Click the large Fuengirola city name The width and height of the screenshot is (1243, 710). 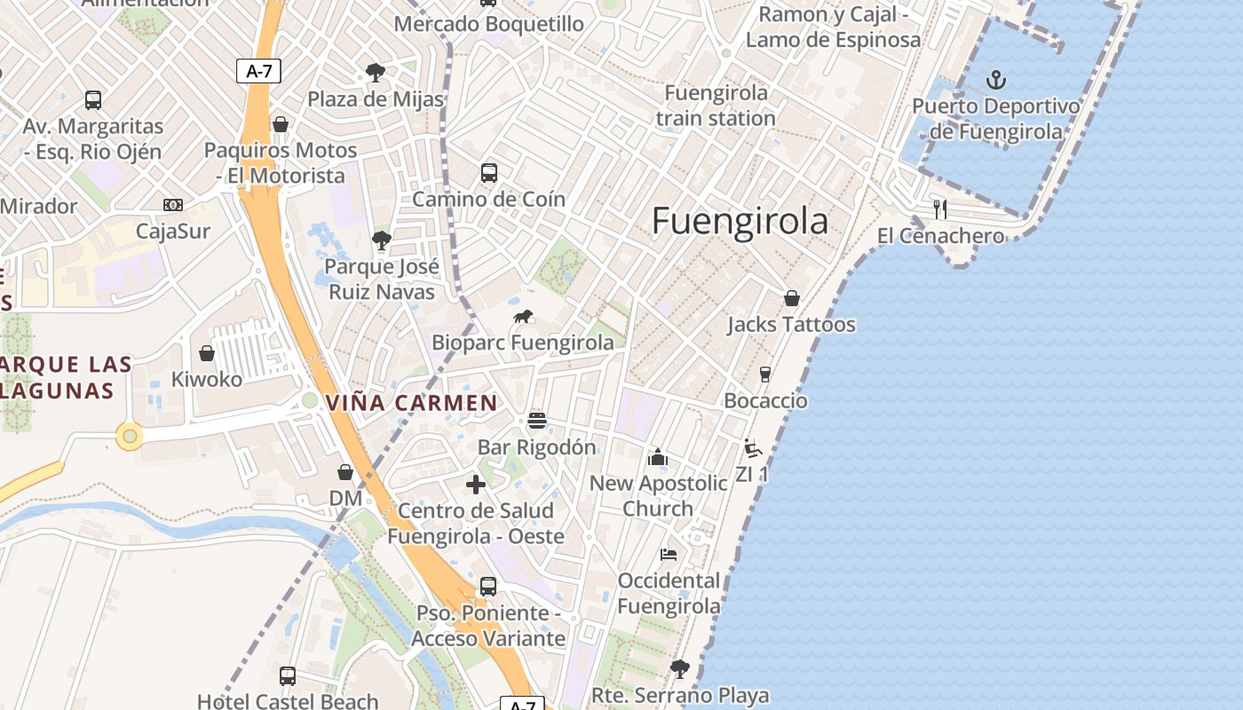(x=740, y=221)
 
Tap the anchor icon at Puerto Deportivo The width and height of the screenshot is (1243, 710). (x=997, y=81)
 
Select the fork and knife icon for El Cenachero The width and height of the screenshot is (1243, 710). (x=940, y=209)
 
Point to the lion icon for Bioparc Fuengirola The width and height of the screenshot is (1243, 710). (x=523, y=317)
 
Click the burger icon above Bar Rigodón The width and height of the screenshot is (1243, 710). (x=536, y=420)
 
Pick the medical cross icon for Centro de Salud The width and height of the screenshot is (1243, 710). (x=476, y=485)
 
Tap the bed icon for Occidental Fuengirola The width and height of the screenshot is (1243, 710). (x=669, y=555)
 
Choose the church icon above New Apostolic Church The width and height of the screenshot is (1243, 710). (x=657, y=457)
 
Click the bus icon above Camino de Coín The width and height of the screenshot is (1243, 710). (x=489, y=173)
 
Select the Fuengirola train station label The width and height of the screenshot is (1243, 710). (x=716, y=106)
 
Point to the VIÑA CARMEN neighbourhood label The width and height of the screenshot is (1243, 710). (x=412, y=403)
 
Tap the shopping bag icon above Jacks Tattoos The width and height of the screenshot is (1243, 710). (x=791, y=298)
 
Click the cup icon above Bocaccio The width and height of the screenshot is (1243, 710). (x=765, y=375)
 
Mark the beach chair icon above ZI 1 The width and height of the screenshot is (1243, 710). (x=752, y=448)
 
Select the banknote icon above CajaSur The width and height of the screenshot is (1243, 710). (x=173, y=205)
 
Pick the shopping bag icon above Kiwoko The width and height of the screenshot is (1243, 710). (x=207, y=353)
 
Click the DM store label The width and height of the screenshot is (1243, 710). (x=345, y=499)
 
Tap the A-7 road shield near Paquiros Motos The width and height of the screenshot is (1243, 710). (x=258, y=72)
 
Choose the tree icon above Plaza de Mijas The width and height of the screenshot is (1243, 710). (x=376, y=72)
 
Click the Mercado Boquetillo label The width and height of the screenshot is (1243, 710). (x=488, y=24)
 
